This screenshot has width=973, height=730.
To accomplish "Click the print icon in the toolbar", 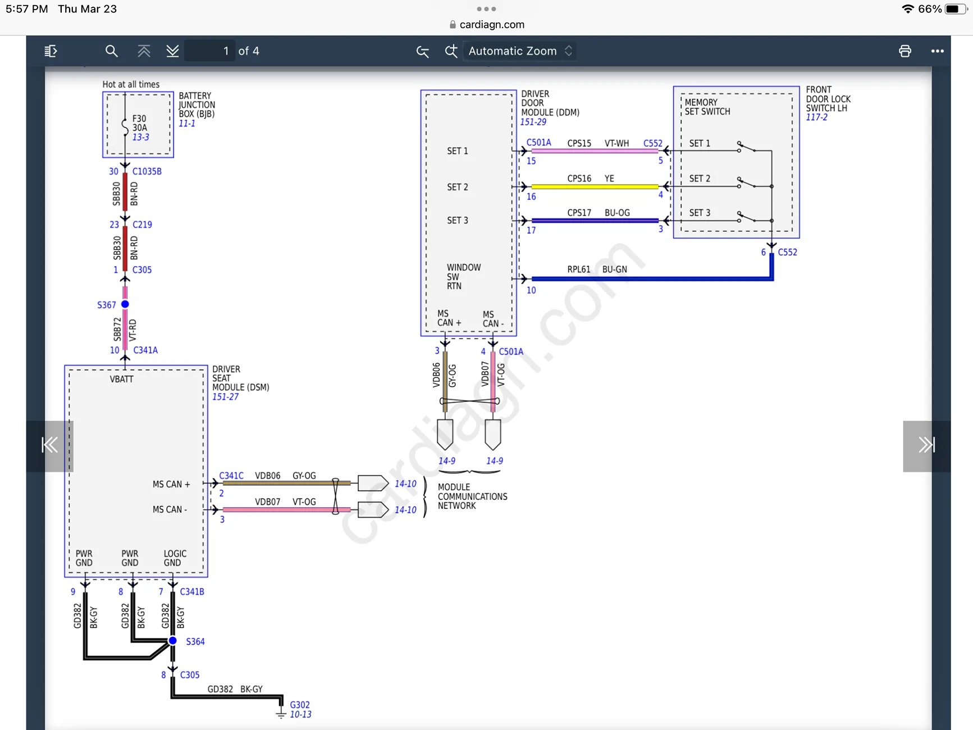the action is click(905, 51).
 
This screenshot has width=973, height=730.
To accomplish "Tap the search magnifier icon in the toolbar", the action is click(111, 51).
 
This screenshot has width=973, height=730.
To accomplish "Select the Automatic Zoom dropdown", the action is click(520, 51).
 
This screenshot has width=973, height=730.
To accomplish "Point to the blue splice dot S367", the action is click(125, 304).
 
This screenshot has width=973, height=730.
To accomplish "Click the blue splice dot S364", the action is click(173, 641).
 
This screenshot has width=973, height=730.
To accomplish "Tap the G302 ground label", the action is click(300, 705).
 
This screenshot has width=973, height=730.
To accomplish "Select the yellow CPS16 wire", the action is click(595, 186).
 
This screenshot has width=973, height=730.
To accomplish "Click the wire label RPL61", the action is click(578, 270).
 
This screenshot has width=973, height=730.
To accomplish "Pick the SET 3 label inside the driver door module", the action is click(458, 220).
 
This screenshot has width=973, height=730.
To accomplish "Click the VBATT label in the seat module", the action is click(122, 379).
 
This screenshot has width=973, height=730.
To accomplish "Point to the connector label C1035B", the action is click(147, 171).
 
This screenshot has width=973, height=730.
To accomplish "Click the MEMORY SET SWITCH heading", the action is click(707, 107).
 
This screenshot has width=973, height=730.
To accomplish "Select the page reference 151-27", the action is click(225, 396).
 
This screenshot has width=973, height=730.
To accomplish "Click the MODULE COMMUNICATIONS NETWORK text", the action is click(473, 496).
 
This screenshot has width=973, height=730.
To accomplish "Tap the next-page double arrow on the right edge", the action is click(926, 445).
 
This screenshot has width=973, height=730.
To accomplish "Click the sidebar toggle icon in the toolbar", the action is click(51, 51).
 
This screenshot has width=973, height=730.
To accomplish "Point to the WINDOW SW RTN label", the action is click(464, 276).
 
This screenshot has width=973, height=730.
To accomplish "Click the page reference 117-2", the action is click(816, 117).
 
